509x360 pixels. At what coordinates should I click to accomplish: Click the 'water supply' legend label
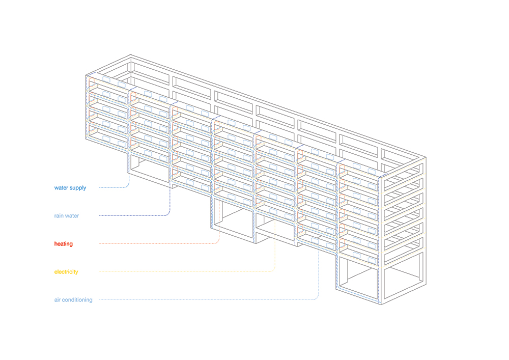(70, 188)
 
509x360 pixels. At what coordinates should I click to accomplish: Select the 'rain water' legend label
(67, 215)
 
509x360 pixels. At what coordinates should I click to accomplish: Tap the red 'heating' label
(63, 244)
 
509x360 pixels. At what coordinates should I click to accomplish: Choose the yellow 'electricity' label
(66, 272)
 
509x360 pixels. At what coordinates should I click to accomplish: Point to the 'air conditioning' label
(73, 300)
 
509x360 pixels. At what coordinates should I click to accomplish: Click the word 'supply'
(78, 188)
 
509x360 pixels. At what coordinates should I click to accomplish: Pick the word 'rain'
(59, 215)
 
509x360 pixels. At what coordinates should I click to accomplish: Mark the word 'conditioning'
(77, 300)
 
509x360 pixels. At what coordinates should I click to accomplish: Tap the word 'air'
(57, 300)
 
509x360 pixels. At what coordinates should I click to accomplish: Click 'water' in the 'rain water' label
(72, 216)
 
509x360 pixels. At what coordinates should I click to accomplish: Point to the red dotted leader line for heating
(159, 243)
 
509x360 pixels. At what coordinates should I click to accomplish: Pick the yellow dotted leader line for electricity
(187, 271)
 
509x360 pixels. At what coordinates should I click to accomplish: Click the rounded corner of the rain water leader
(169, 214)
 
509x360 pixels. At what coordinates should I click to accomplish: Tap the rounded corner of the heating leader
(218, 242)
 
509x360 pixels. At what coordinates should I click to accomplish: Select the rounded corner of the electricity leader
(274, 270)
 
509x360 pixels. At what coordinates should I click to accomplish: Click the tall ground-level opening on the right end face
(404, 276)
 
